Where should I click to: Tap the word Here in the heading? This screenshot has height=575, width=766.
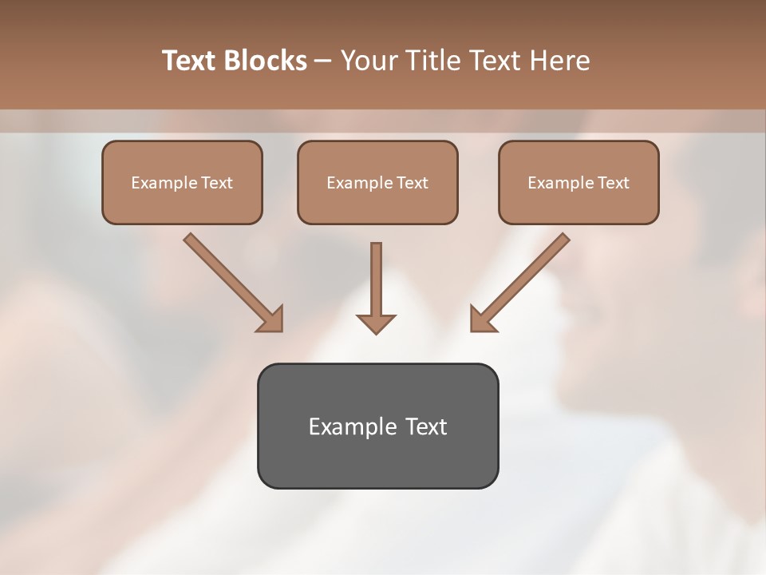coord(561,61)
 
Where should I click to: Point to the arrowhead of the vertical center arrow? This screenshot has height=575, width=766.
coord(376,323)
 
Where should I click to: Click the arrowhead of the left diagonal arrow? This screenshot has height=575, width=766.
coord(271,319)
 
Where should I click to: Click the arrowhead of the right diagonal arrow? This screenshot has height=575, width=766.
coord(482,319)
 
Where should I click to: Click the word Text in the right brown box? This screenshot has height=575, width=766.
coord(613,183)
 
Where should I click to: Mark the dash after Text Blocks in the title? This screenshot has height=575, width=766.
coord(323,61)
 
